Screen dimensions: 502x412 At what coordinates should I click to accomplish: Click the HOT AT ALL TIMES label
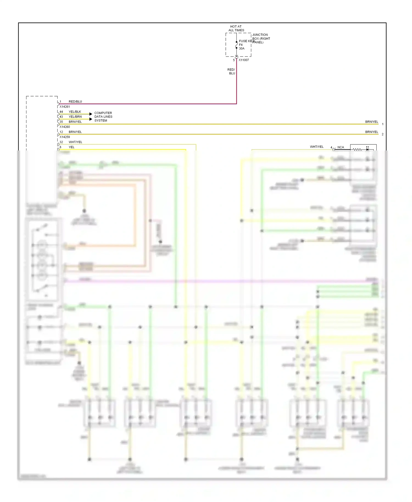point(236,29)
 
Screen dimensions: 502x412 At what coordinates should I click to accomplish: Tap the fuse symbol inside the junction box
point(236,45)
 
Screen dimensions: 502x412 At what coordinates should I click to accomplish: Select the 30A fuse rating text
point(242,49)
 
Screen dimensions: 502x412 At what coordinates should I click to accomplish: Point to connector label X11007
point(244,60)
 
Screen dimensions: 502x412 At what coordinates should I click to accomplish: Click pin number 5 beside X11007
point(234,60)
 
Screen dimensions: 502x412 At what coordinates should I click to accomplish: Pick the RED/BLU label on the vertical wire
point(231,71)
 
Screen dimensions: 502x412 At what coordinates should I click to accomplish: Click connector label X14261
point(65,107)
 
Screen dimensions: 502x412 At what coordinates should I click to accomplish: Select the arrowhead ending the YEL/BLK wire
point(91,114)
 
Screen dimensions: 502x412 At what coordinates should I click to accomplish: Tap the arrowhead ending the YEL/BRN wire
point(91,119)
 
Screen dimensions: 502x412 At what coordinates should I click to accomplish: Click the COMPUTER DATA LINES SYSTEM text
point(103,117)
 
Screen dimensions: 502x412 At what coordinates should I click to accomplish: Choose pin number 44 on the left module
point(61,112)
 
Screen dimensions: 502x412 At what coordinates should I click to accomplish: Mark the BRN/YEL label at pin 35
point(75,122)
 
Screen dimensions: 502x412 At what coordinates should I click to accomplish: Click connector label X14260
point(65,127)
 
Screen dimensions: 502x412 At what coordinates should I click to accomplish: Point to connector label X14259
point(65,137)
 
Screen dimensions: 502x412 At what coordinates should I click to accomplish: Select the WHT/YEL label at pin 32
point(75,142)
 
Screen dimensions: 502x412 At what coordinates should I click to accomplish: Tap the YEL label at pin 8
point(71,147)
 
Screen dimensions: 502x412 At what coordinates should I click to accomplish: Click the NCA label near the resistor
point(341,147)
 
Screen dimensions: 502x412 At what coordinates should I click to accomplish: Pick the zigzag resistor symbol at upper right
point(357,149)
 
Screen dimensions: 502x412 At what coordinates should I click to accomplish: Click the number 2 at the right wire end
point(383,134)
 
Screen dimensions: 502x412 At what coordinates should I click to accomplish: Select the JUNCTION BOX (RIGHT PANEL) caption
point(261,39)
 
